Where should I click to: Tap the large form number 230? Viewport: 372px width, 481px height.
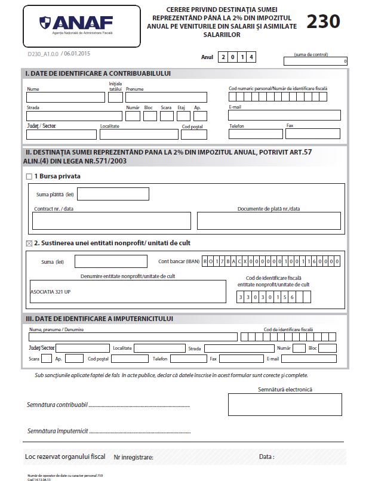click(323, 21)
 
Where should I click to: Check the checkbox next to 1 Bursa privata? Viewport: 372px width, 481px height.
click(29, 177)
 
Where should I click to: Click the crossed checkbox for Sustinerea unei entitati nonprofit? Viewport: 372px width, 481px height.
click(29, 243)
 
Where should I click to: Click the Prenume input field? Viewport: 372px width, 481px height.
click(166, 97)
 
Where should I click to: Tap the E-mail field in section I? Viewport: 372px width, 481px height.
click(284, 115)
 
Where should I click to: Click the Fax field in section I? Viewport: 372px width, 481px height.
click(313, 134)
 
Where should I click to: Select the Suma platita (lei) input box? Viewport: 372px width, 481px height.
click(113, 194)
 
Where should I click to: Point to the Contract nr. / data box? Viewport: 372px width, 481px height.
click(112, 221)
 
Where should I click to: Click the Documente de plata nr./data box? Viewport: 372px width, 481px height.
click(269, 221)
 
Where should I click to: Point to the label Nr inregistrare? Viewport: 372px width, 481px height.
click(133, 458)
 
